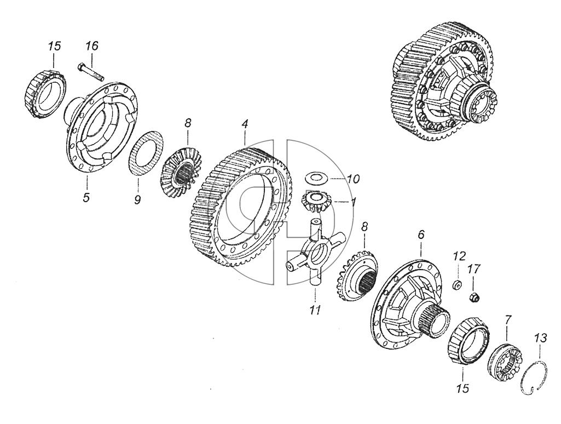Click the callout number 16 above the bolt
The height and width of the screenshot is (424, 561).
[91, 46]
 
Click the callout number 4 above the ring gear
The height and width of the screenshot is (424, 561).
[245, 124]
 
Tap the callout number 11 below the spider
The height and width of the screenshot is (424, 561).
[315, 310]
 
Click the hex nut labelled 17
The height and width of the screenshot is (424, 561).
[474, 296]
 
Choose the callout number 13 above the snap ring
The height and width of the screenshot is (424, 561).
[541, 337]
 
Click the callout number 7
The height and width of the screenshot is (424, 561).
[508, 318]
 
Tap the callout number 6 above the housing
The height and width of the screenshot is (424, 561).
[421, 234]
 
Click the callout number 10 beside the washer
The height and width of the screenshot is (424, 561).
[354, 179]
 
